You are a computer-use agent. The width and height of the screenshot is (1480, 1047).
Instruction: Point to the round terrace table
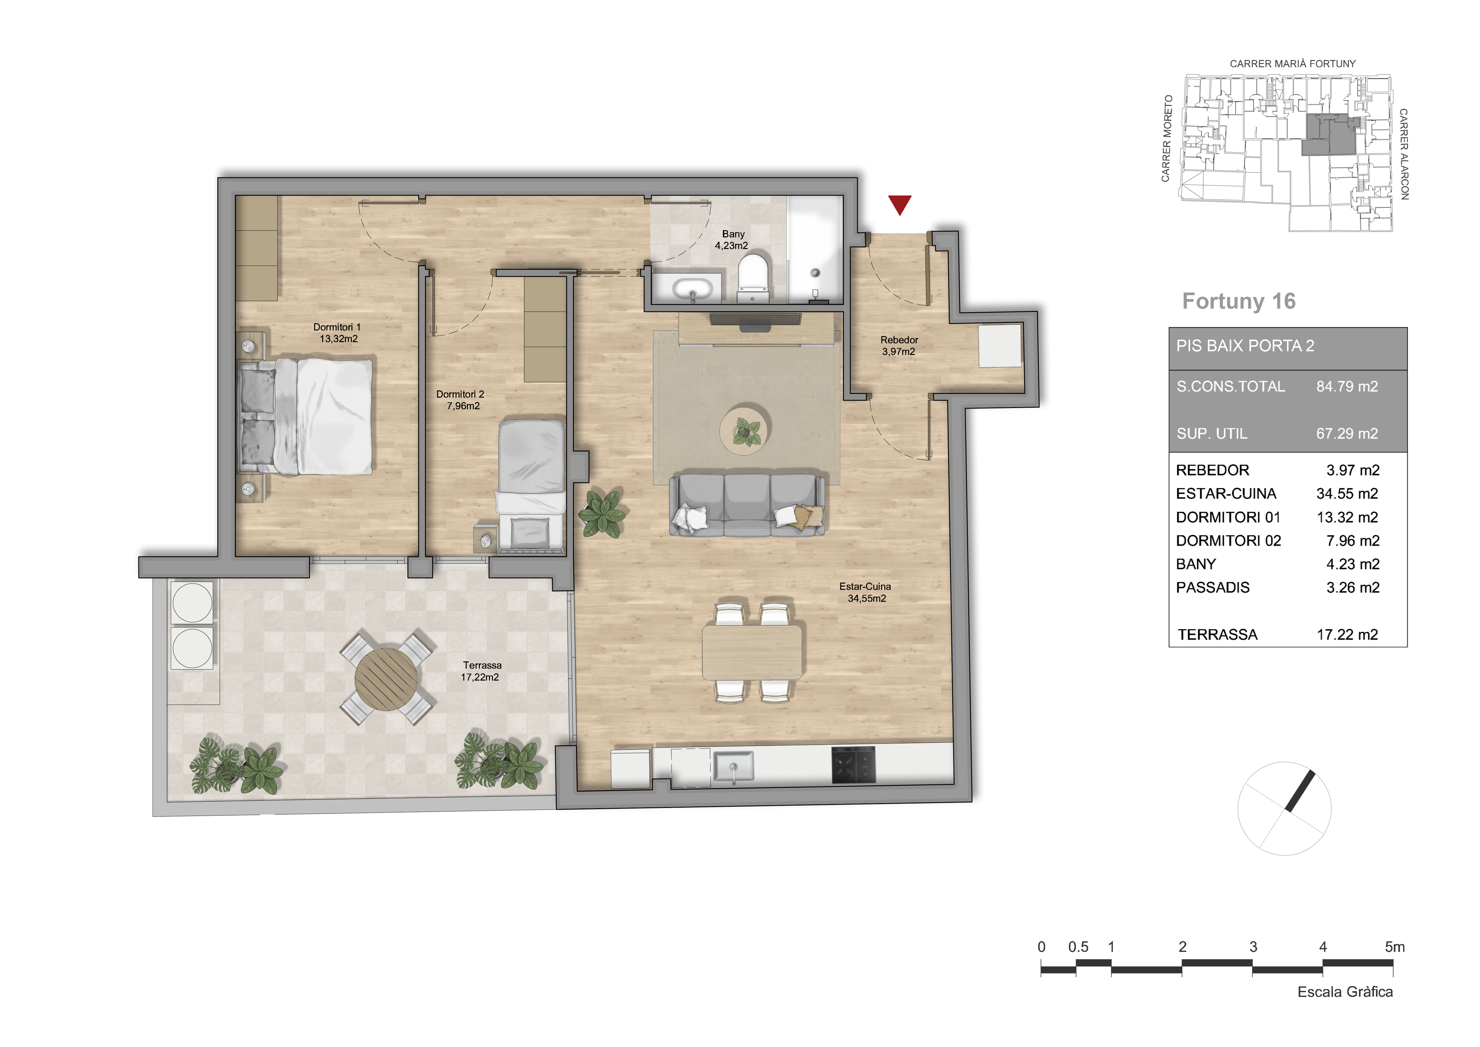tap(386, 678)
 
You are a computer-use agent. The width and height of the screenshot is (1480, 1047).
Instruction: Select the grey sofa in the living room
tap(747, 506)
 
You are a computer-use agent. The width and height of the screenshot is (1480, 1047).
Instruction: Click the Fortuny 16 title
tap(1238, 301)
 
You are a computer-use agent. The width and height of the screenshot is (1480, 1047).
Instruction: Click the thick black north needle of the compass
tap(1300, 790)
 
